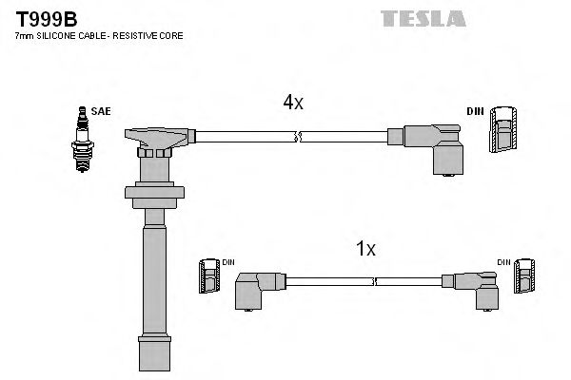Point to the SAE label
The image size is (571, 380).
(102, 111)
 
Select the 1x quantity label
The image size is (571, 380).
(365, 249)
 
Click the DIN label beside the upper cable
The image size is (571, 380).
(475, 111)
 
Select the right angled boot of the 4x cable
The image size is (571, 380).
(434, 145)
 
